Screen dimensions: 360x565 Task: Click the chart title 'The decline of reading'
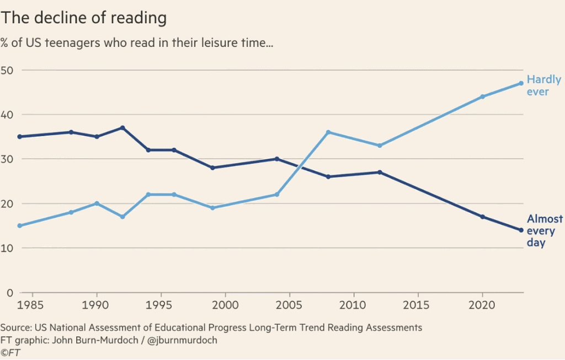tap(83, 18)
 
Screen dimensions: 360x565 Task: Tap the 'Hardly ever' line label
tap(543, 85)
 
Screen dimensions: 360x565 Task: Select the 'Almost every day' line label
tap(544, 230)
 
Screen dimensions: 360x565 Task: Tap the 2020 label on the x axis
tap(482, 304)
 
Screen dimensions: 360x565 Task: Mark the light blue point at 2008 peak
tap(328, 132)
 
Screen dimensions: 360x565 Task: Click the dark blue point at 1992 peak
tap(122, 128)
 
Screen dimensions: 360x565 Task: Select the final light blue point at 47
tap(521, 83)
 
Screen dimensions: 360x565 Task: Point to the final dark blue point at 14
tap(521, 230)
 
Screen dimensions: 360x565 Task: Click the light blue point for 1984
tap(20, 225)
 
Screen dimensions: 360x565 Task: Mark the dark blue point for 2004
tap(277, 159)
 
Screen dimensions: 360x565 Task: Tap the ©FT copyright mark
tap(10, 352)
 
